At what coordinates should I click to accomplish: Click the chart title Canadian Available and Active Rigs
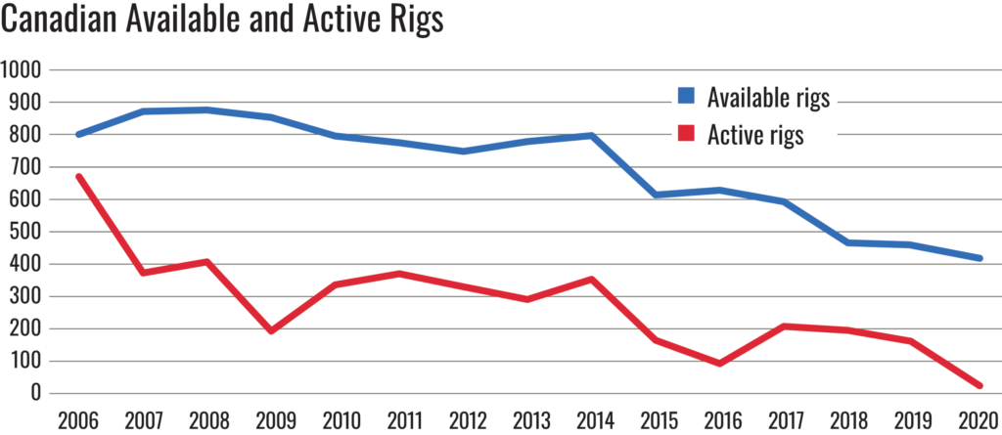[222, 22]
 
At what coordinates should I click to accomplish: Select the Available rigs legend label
[768, 97]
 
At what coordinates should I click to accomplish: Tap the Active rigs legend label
[754, 135]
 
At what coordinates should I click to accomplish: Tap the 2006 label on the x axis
[77, 419]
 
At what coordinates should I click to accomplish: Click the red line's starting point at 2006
[78, 177]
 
